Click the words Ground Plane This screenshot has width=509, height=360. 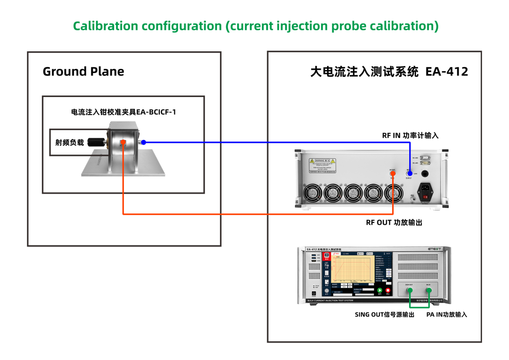[83, 72]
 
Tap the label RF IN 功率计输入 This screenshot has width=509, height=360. [410, 136]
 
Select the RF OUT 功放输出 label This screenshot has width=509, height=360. [394, 222]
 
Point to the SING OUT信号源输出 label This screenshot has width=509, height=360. [384, 314]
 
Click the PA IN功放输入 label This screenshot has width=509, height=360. [446, 314]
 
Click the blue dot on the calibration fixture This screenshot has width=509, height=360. [143, 142]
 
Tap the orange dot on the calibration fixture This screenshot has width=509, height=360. [123, 142]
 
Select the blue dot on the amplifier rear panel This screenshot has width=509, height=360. [409, 174]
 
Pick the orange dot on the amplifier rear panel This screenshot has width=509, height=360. [393, 174]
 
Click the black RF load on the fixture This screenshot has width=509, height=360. [97, 141]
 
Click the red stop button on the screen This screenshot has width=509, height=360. [388, 291]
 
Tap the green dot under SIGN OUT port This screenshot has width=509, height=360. [409, 290]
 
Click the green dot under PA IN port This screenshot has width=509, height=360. [428, 290]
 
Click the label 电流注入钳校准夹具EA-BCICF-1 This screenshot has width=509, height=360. [123, 112]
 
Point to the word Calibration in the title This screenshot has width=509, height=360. [105, 26]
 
